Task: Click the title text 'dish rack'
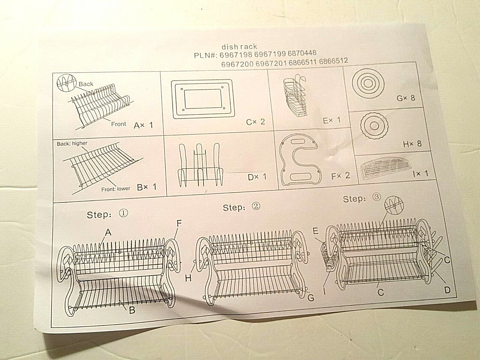[239, 47]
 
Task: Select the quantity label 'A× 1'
[143, 125]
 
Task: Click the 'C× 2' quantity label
[255, 121]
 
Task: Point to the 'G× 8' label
[406, 98]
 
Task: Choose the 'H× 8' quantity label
[412, 143]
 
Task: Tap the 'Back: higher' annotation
[72, 143]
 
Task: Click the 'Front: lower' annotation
[115, 189]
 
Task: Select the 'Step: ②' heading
[241, 208]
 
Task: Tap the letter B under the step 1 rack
[132, 310]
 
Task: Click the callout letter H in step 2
[188, 278]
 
